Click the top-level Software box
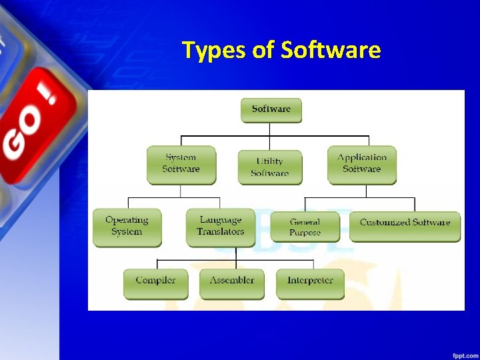tap(271, 110)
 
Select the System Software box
tap(181, 164)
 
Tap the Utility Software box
tap(269, 167)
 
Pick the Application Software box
tap(362, 164)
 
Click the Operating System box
tap(127, 227)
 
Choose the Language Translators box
tap(220, 227)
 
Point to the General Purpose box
tap(305, 227)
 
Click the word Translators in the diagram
tap(220, 232)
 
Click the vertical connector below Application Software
tap(366, 191)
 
